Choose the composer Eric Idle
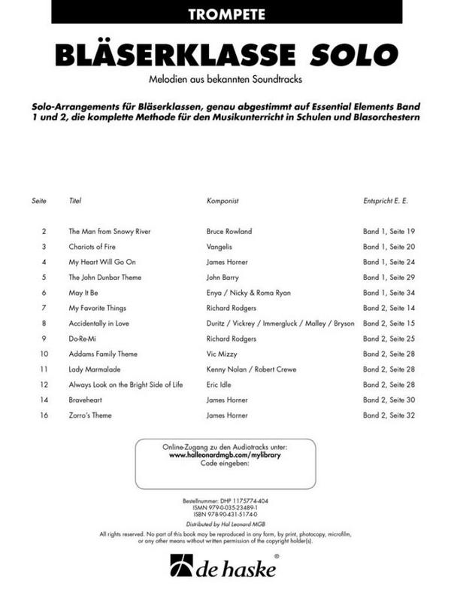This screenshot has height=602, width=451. tap(219, 385)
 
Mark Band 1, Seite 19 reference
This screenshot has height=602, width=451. tap(389, 231)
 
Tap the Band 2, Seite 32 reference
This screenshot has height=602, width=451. tap(389, 415)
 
